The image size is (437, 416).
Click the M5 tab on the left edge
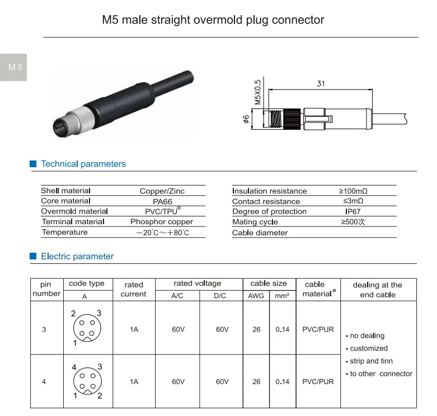tap(13, 68)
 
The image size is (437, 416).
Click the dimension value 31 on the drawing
tap(321, 84)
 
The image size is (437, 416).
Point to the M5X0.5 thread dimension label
tap(258, 92)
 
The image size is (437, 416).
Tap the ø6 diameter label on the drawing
tap(246, 119)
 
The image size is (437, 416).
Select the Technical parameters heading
tap(83, 164)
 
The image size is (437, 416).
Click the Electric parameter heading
tap(77, 257)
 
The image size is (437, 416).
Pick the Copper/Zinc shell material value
tap(162, 191)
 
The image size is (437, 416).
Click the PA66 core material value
tap(162, 201)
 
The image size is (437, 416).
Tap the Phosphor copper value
tap(162, 222)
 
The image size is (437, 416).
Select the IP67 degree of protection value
tap(353, 212)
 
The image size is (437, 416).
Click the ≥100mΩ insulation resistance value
tap(353, 191)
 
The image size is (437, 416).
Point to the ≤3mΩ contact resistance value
tap(353, 201)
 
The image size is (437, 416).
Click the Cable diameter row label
tap(260, 233)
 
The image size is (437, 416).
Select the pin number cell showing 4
tap(44, 382)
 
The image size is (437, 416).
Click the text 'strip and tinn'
tap(372, 361)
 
